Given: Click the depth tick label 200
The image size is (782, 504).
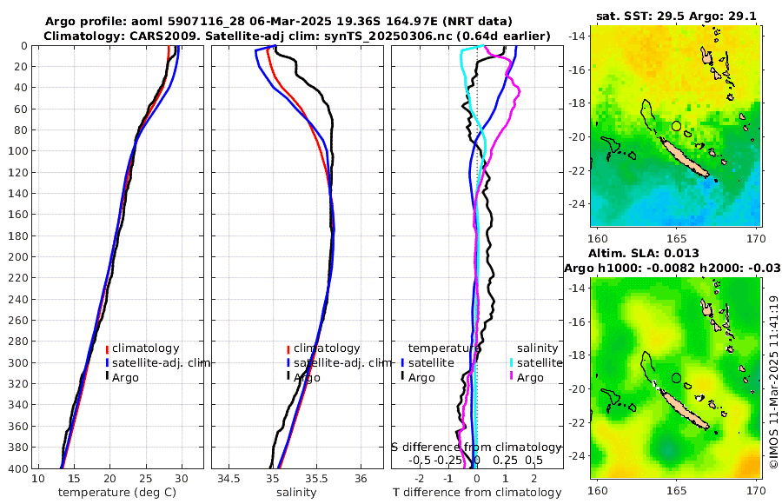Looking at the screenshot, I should [x=17, y=256].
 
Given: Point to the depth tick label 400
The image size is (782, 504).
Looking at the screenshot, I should [x=17, y=468].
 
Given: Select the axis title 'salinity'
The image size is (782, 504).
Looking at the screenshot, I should [x=295, y=493].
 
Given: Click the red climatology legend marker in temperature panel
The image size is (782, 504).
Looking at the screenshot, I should [x=107, y=348].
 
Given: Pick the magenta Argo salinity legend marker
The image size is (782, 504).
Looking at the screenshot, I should [x=512, y=377].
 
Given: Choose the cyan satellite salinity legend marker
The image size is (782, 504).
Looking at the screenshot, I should [x=512, y=362].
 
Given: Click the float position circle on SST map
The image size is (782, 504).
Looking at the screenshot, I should [x=676, y=126].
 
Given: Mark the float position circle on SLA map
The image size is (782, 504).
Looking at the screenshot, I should [x=676, y=378].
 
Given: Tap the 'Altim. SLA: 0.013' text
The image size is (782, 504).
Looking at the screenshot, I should [x=652, y=252].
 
